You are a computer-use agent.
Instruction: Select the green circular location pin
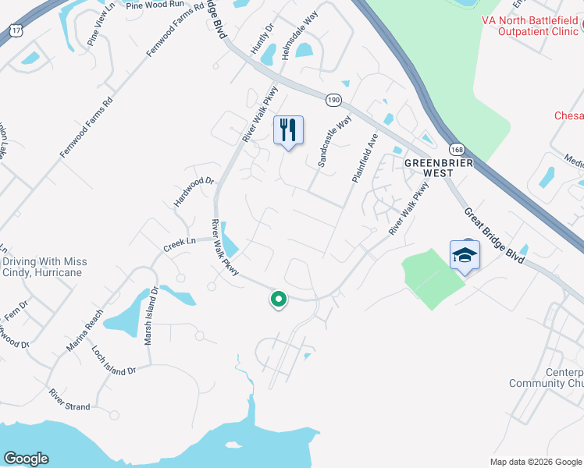pos(278,299)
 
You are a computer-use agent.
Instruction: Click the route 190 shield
pos(333,100)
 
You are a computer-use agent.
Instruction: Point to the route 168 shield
pos(456,148)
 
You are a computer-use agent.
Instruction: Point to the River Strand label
pos(69,399)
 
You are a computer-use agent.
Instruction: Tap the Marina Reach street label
pos(85,331)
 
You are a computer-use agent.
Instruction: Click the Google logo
pos(27,459)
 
